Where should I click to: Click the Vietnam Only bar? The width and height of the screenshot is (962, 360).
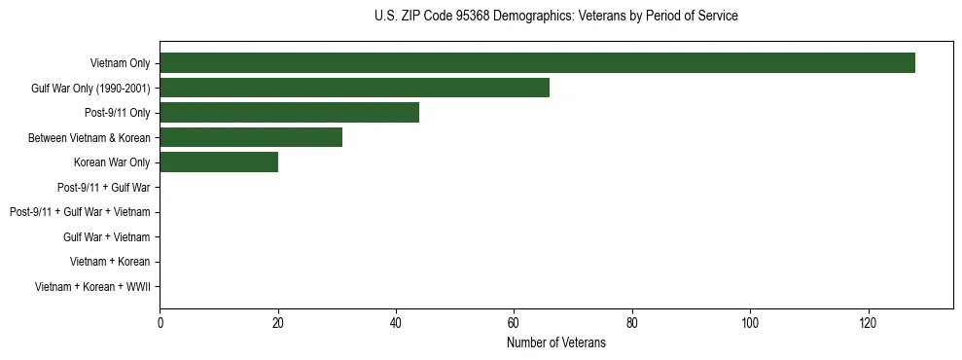(537, 63)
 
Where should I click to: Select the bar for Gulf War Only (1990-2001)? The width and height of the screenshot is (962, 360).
(354, 88)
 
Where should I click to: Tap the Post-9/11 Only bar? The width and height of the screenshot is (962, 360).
(289, 113)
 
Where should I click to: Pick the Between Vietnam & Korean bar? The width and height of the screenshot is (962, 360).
(251, 137)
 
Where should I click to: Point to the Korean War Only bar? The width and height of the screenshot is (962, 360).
(219, 162)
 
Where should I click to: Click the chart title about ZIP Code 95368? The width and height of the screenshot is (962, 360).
(555, 17)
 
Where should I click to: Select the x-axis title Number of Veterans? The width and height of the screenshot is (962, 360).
(555, 342)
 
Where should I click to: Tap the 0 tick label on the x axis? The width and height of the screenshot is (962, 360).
(160, 322)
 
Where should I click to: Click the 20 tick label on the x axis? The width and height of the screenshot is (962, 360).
(278, 322)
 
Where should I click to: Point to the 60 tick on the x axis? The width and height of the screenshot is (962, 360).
(514, 322)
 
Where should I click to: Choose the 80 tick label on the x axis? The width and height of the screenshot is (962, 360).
(632, 322)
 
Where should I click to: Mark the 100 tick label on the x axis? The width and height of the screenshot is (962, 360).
(750, 322)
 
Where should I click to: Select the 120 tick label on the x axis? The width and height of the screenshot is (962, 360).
(868, 322)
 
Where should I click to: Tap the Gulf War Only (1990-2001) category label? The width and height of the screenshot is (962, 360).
(90, 89)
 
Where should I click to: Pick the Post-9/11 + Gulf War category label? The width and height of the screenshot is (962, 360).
(104, 187)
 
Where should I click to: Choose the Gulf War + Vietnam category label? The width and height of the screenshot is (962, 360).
(107, 236)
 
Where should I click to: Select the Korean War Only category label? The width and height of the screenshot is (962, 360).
(112, 162)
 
